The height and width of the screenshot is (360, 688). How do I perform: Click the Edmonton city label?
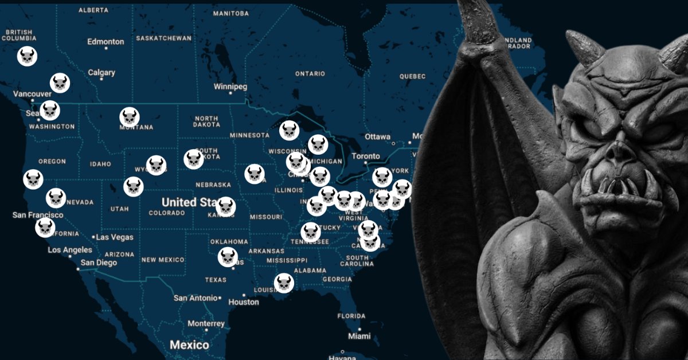point(105,42)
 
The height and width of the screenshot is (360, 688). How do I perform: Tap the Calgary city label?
point(101,73)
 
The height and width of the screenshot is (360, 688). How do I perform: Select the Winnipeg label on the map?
point(230,87)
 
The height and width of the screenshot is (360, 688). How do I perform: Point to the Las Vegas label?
point(115,237)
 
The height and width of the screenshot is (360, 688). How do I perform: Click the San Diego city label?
point(99,263)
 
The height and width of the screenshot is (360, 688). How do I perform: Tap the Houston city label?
point(243,302)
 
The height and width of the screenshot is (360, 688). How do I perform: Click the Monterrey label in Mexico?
point(206,324)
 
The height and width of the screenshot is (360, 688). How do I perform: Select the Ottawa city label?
point(378,137)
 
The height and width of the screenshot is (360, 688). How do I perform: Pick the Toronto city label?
point(366,156)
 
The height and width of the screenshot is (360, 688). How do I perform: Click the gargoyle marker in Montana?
point(130,118)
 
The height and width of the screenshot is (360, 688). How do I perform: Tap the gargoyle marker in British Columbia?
point(27,56)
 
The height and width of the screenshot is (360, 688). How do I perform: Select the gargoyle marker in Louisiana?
point(284,283)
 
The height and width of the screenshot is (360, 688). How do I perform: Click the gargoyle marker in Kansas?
point(226,207)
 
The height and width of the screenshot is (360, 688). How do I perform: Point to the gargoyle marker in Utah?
point(133,186)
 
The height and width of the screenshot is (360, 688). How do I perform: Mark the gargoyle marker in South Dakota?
point(194,159)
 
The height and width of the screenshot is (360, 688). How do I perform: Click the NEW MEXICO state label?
point(163,260)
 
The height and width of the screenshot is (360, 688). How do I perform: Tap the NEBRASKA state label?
point(213,185)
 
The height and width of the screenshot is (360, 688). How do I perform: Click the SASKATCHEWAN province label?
point(163,38)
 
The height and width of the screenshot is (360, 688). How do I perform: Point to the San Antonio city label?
point(196,298)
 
